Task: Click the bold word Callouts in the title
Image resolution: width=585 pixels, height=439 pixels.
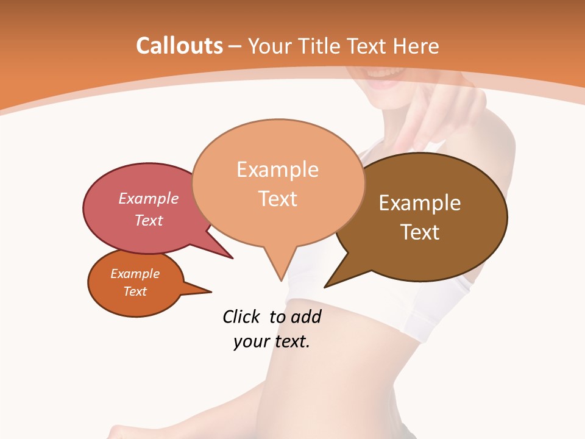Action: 180,46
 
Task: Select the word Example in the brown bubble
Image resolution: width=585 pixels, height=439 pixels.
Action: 420,203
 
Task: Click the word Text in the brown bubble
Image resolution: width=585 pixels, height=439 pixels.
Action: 420,232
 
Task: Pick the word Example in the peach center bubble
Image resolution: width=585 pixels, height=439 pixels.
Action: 277,170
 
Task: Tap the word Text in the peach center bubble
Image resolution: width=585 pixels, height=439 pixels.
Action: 278,199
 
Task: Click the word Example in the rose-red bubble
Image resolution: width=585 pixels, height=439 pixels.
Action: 149,198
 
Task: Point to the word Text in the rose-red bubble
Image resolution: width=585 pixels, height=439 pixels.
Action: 149,220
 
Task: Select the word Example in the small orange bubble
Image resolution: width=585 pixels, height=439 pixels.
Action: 135,274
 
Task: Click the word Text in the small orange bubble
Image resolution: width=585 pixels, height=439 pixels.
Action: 135,291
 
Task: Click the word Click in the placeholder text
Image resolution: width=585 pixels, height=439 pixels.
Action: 241,316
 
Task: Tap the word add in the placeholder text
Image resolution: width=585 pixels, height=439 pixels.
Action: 306,316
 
